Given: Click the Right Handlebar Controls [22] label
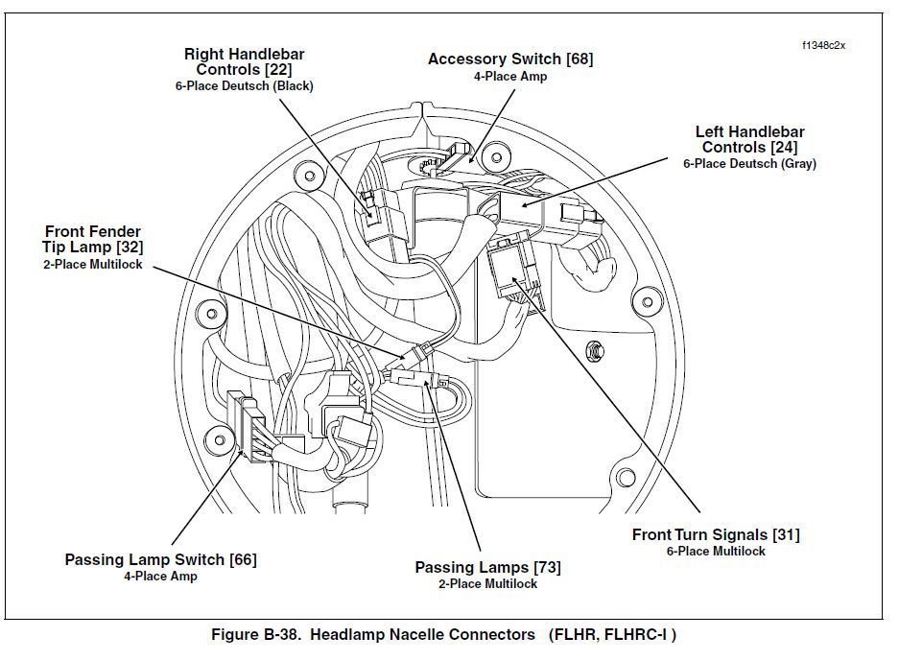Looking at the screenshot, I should coord(244,61).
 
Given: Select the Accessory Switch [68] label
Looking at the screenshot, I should coord(509,59).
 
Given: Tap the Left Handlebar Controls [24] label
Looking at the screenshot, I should coord(749,139).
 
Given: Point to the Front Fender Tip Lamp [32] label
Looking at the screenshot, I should coord(92,240).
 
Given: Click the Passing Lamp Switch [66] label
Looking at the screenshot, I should coord(160,559).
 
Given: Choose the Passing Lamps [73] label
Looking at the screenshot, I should coord(487,567).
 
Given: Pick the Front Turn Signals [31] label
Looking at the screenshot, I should coord(715,534).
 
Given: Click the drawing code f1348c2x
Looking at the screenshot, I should coord(823,45).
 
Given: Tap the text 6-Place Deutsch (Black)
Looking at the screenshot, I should coord(244,85).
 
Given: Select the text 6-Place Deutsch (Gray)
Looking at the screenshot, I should coord(749,164).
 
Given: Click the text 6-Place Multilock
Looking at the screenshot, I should coord(715,552).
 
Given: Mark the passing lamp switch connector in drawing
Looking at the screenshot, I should coord(248,422).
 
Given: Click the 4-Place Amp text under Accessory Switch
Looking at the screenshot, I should coord(509,77).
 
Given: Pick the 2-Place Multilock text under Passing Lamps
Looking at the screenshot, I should coord(487,583).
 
